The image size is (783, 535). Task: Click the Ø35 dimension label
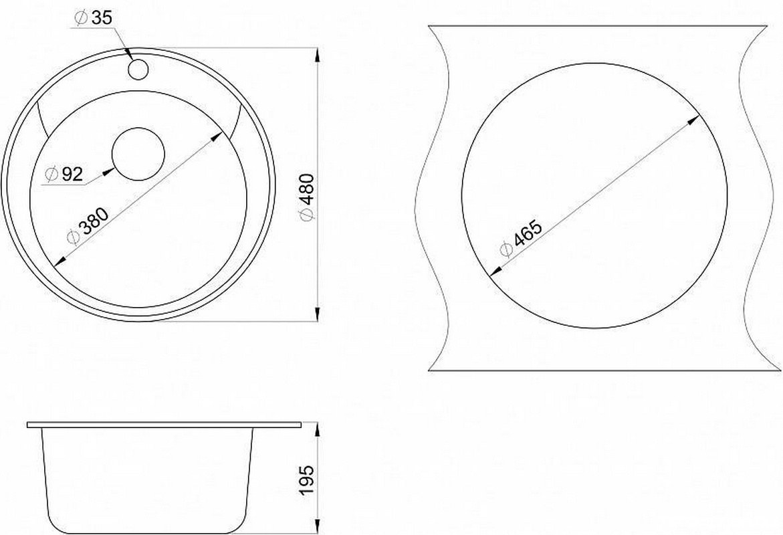(x=94, y=18)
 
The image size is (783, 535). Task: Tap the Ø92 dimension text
(x=64, y=174)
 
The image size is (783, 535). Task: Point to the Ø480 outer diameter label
(x=306, y=197)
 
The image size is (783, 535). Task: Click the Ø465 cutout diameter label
(x=521, y=238)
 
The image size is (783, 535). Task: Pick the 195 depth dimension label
(x=306, y=480)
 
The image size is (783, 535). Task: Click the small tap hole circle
(x=138, y=69)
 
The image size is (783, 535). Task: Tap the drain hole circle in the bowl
(x=138, y=154)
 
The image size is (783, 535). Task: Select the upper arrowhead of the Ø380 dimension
(x=217, y=136)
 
